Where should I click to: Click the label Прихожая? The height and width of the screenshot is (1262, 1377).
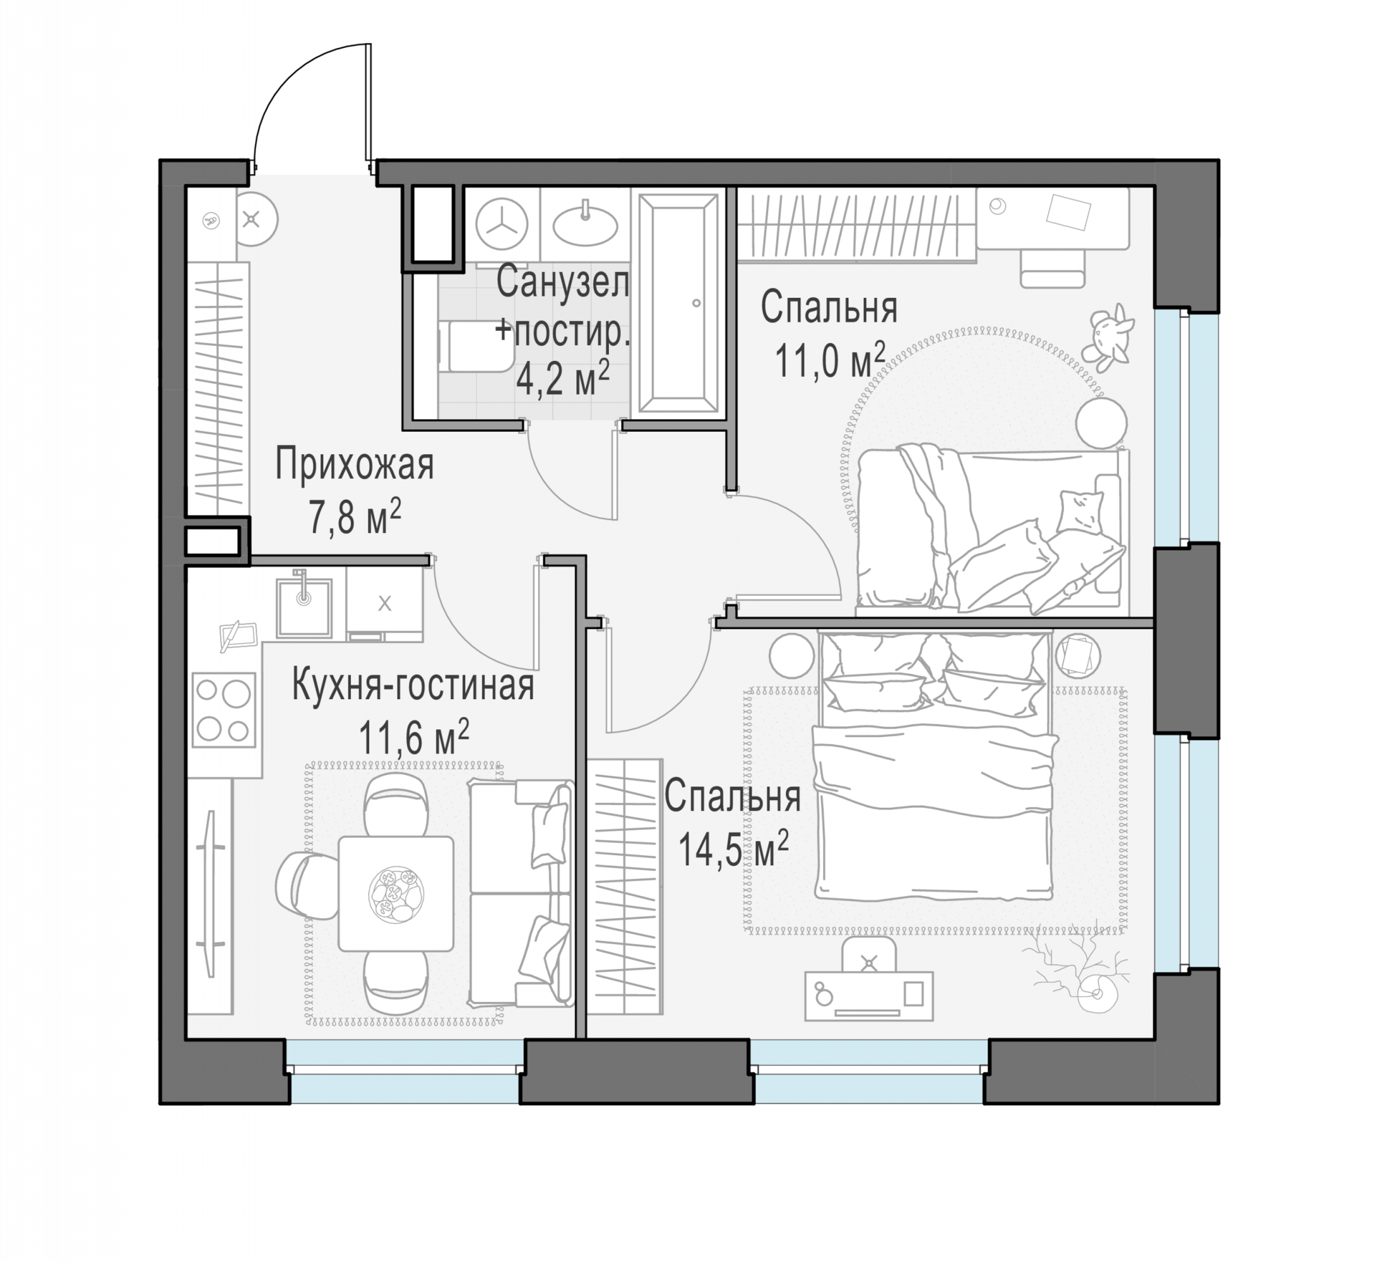tap(355, 466)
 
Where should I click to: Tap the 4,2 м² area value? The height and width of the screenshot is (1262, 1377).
tap(563, 379)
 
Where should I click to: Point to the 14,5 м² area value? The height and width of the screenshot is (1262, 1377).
tap(733, 849)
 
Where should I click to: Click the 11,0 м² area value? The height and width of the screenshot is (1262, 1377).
tap(830, 360)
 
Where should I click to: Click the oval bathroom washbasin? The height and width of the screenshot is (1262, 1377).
tap(586, 224)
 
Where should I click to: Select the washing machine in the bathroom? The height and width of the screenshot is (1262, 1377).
tap(502, 224)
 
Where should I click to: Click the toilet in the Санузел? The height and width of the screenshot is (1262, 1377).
tap(474, 347)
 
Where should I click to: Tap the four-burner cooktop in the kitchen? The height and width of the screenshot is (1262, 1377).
tap(223, 711)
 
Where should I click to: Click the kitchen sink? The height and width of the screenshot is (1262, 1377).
tap(304, 607)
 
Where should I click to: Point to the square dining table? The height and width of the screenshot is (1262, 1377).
tap(396, 893)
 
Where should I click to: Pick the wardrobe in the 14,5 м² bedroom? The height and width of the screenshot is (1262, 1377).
tap(625, 887)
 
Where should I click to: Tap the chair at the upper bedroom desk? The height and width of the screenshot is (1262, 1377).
tap(1053, 268)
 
